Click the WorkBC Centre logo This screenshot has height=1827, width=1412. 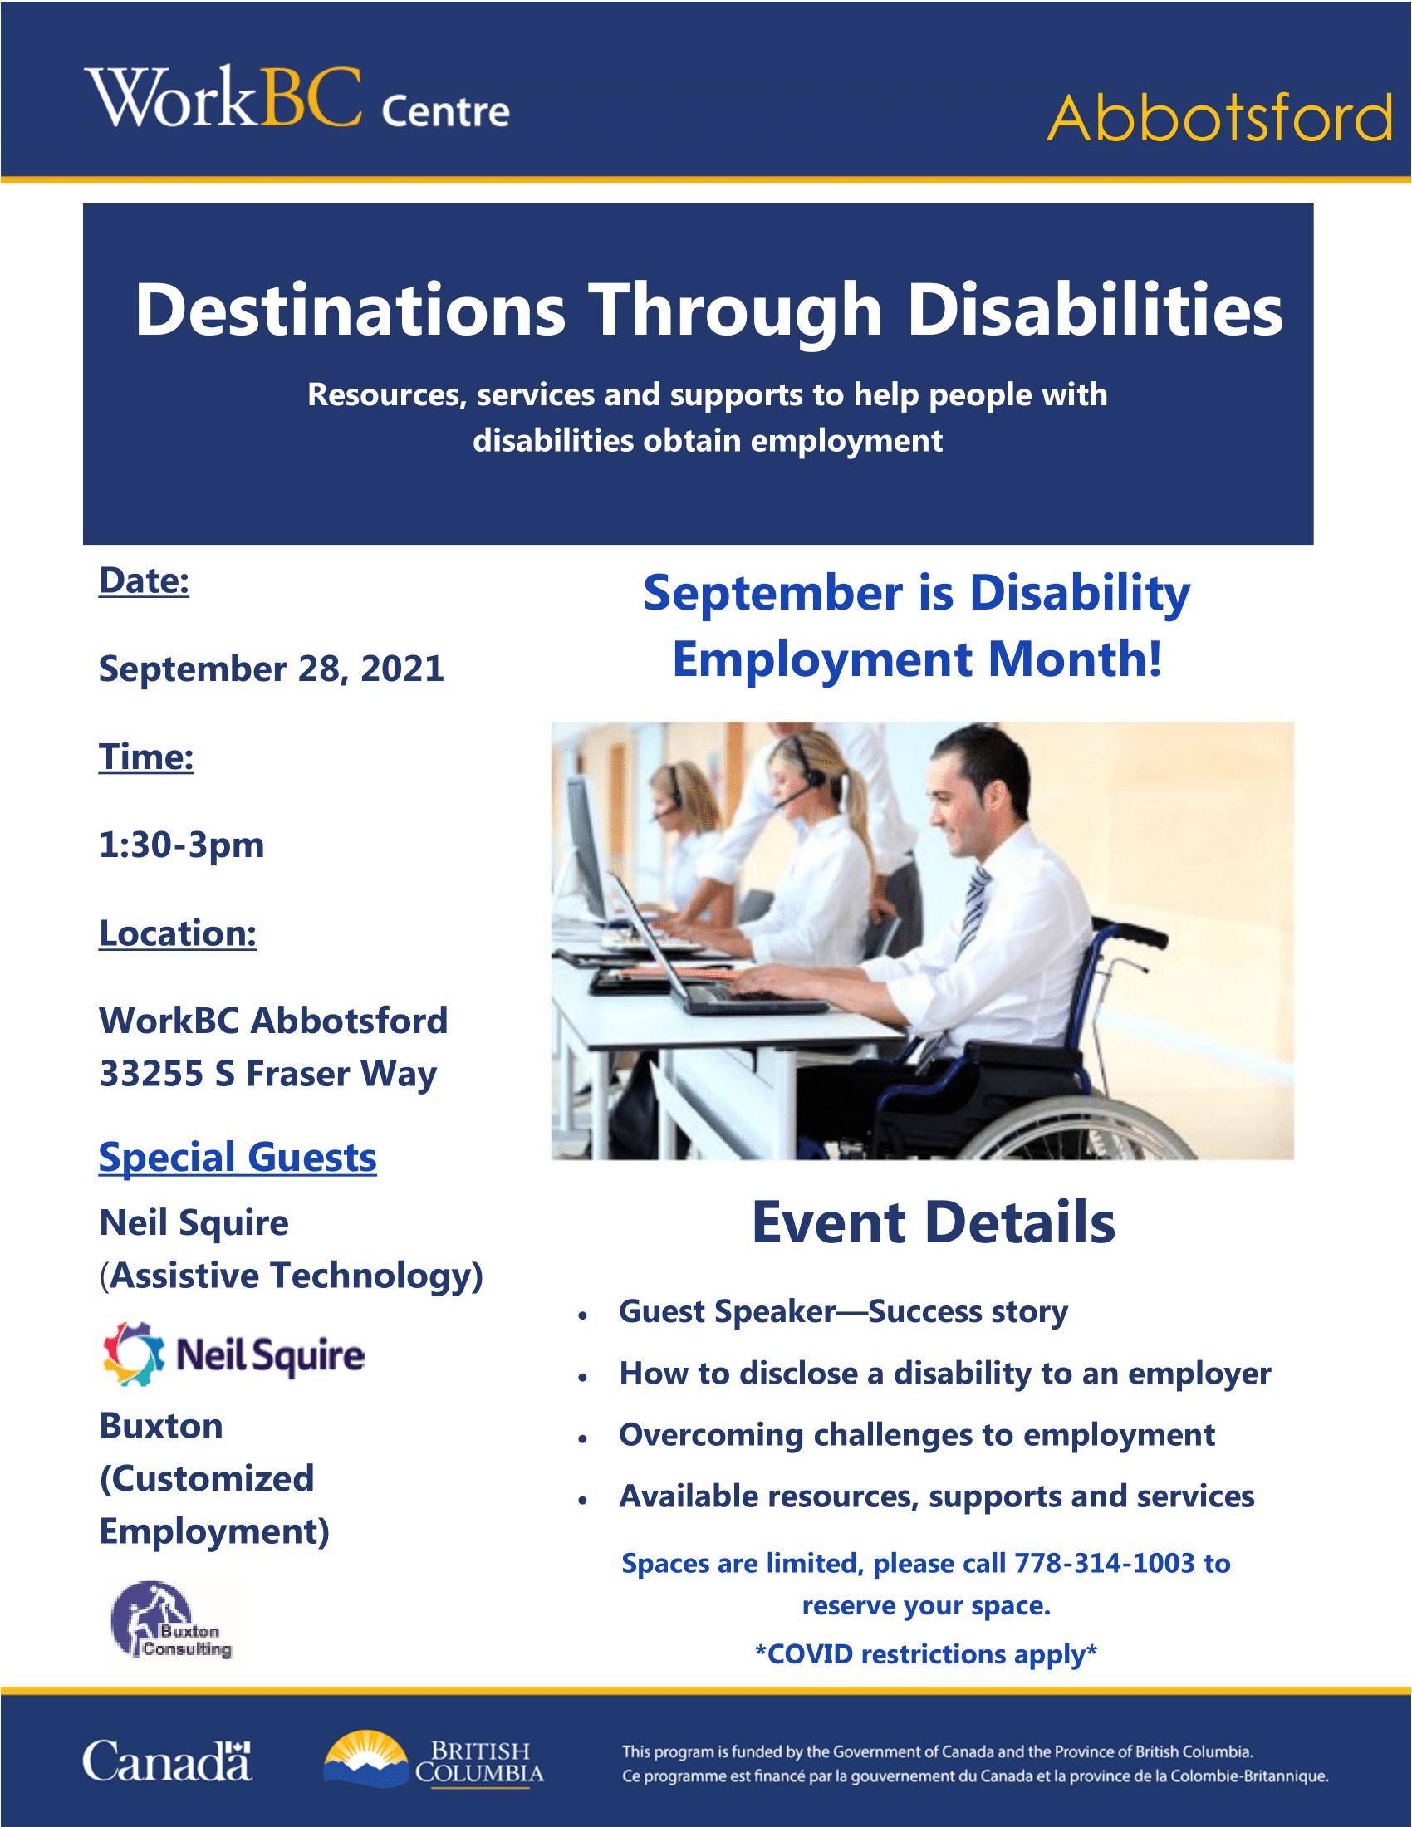(297, 99)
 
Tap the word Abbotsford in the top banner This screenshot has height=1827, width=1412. (1220, 118)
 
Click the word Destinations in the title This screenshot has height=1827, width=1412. (351, 310)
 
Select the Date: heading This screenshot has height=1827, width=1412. (144, 580)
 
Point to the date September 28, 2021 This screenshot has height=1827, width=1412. (271, 669)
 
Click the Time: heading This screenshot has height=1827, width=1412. (146, 757)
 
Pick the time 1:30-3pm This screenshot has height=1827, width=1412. (182, 845)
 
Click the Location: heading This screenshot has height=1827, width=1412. (178, 933)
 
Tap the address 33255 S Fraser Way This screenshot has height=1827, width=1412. (267, 1074)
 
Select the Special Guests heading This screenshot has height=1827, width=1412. (238, 1158)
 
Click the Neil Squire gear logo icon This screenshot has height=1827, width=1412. (133, 1354)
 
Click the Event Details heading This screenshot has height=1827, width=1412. (934, 1223)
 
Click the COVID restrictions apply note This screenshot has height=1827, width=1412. (926, 1654)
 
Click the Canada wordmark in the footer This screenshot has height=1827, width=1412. (167, 1761)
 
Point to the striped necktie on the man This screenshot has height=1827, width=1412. (973, 912)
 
